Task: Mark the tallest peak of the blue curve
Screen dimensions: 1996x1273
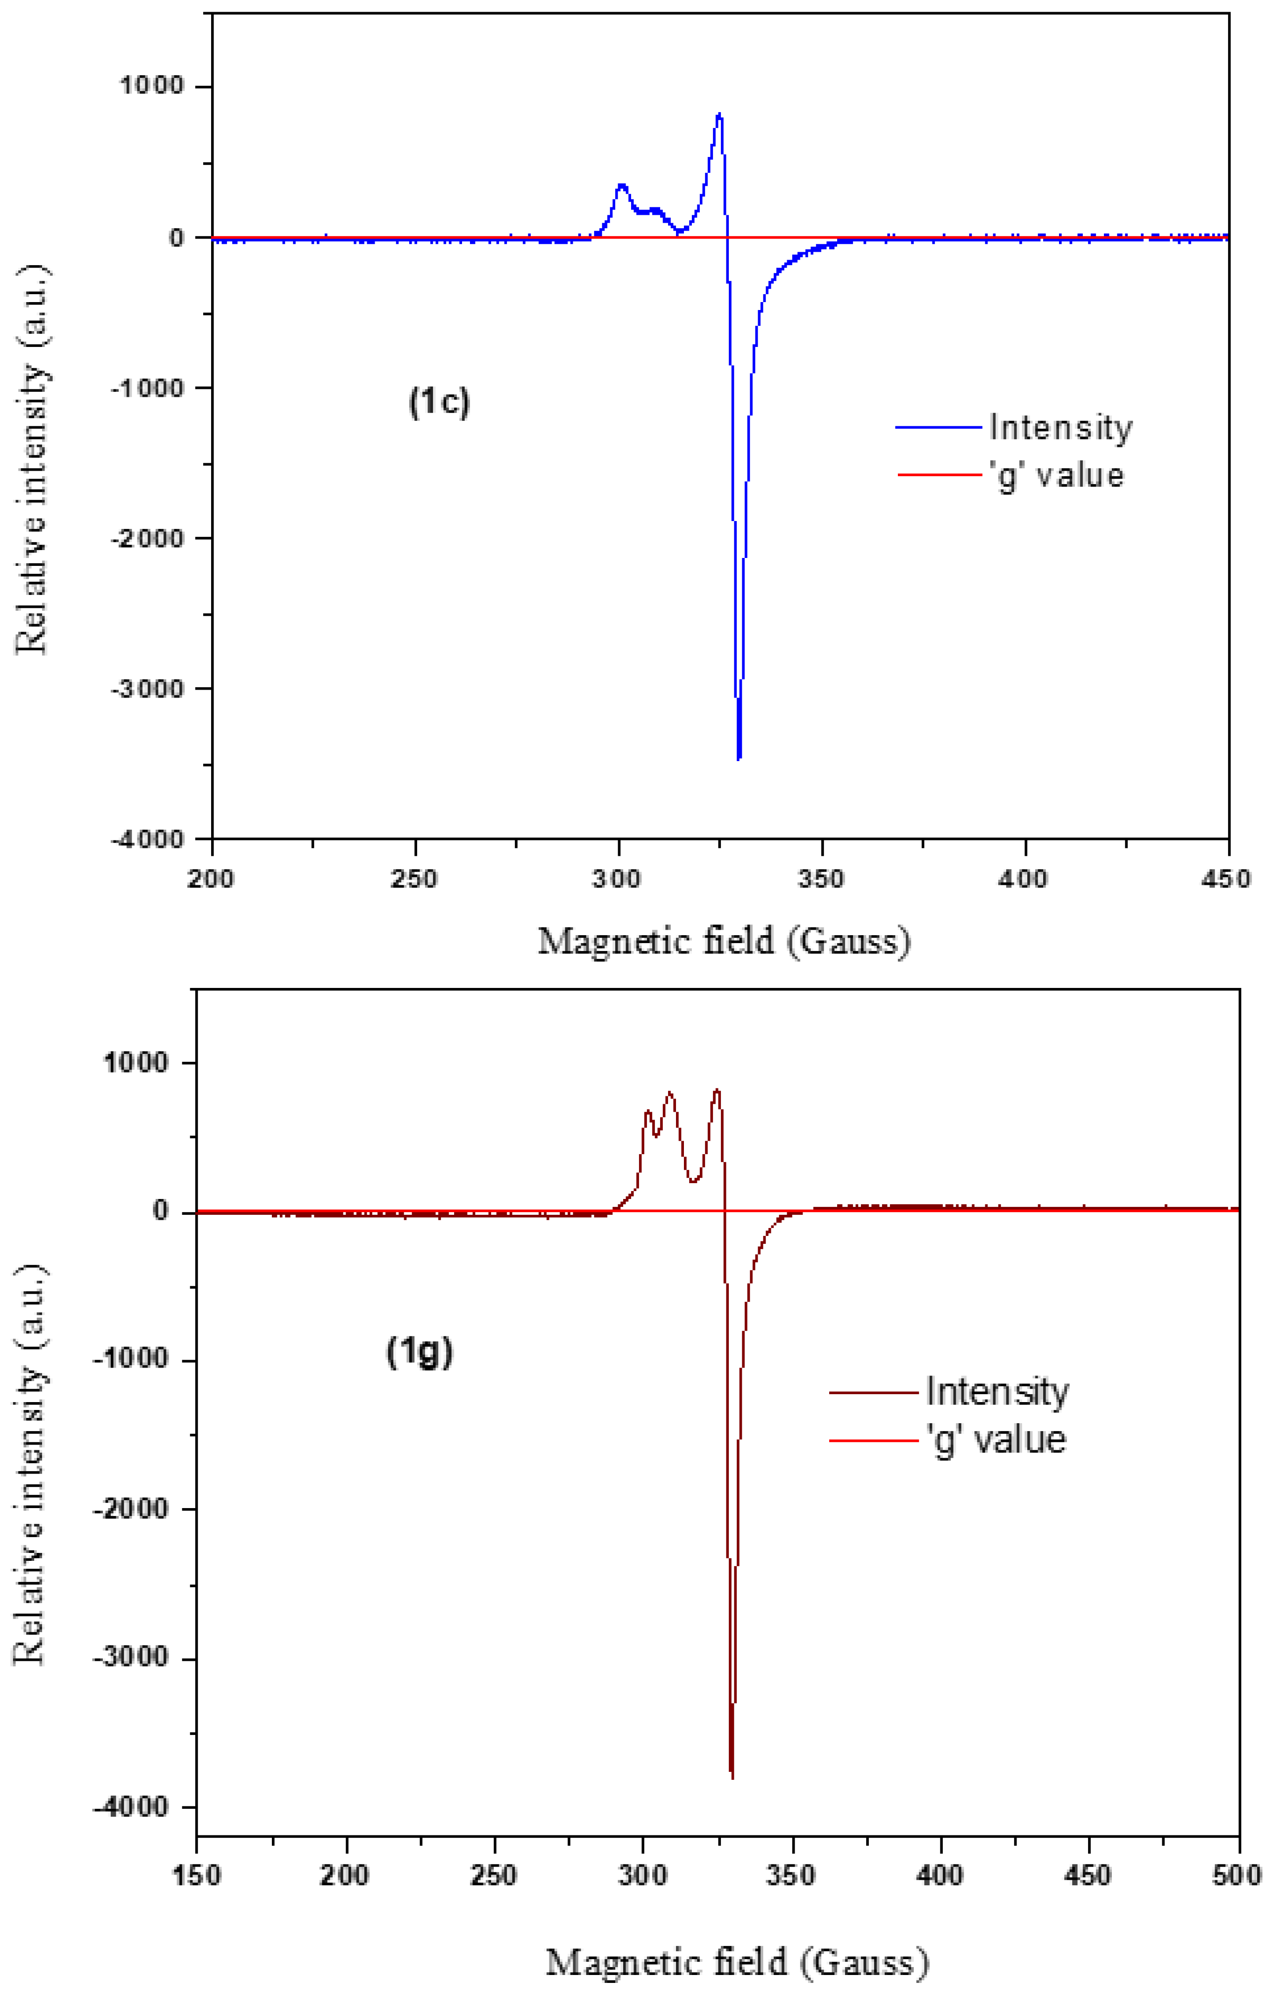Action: (719, 114)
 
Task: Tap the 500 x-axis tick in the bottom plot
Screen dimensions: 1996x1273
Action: (1238, 1875)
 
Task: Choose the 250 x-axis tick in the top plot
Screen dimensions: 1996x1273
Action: (415, 879)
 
